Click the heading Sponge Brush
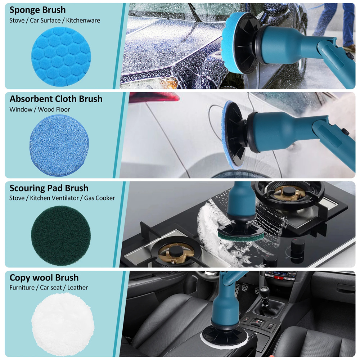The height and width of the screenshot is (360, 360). pyautogui.click(x=37, y=10)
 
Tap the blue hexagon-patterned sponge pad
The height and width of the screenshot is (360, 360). pyautogui.click(x=61, y=57)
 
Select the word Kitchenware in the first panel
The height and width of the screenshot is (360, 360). pyautogui.click(x=83, y=21)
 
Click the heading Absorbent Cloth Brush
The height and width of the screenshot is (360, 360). pyautogui.click(x=56, y=99)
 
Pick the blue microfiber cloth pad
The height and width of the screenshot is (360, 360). pyautogui.click(x=59, y=146)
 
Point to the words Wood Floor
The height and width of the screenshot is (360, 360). pyautogui.click(x=54, y=109)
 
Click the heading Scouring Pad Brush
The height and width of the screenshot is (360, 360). pyautogui.click(x=49, y=188)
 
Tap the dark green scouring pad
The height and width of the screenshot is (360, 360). pyautogui.click(x=61, y=235)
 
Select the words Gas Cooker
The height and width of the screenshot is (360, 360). pyautogui.click(x=99, y=198)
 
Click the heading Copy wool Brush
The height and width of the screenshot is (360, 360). pyautogui.click(x=44, y=278)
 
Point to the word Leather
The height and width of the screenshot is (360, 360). pyautogui.click(x=77, y=287)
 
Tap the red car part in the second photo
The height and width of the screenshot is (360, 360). pyautogui.click(x=154, y=97)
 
